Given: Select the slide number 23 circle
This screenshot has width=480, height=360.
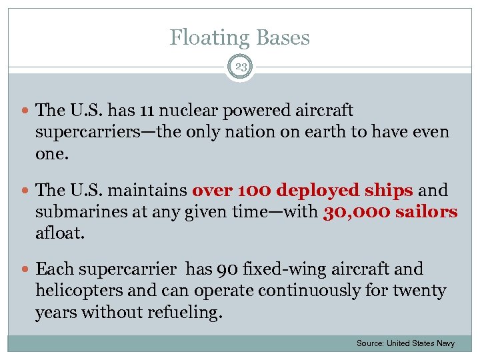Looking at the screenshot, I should click(x=240, y=67).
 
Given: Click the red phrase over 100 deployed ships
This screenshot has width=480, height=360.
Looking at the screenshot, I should click(x=303, y=190).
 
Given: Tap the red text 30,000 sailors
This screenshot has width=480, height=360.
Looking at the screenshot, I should click(x=390, y=211).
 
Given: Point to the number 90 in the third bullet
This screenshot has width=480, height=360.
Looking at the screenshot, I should click(x=226, y=269).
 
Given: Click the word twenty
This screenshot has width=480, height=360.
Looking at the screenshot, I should click(x=421, y=291).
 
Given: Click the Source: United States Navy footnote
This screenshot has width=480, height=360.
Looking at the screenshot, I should click(x=405, y=343).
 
